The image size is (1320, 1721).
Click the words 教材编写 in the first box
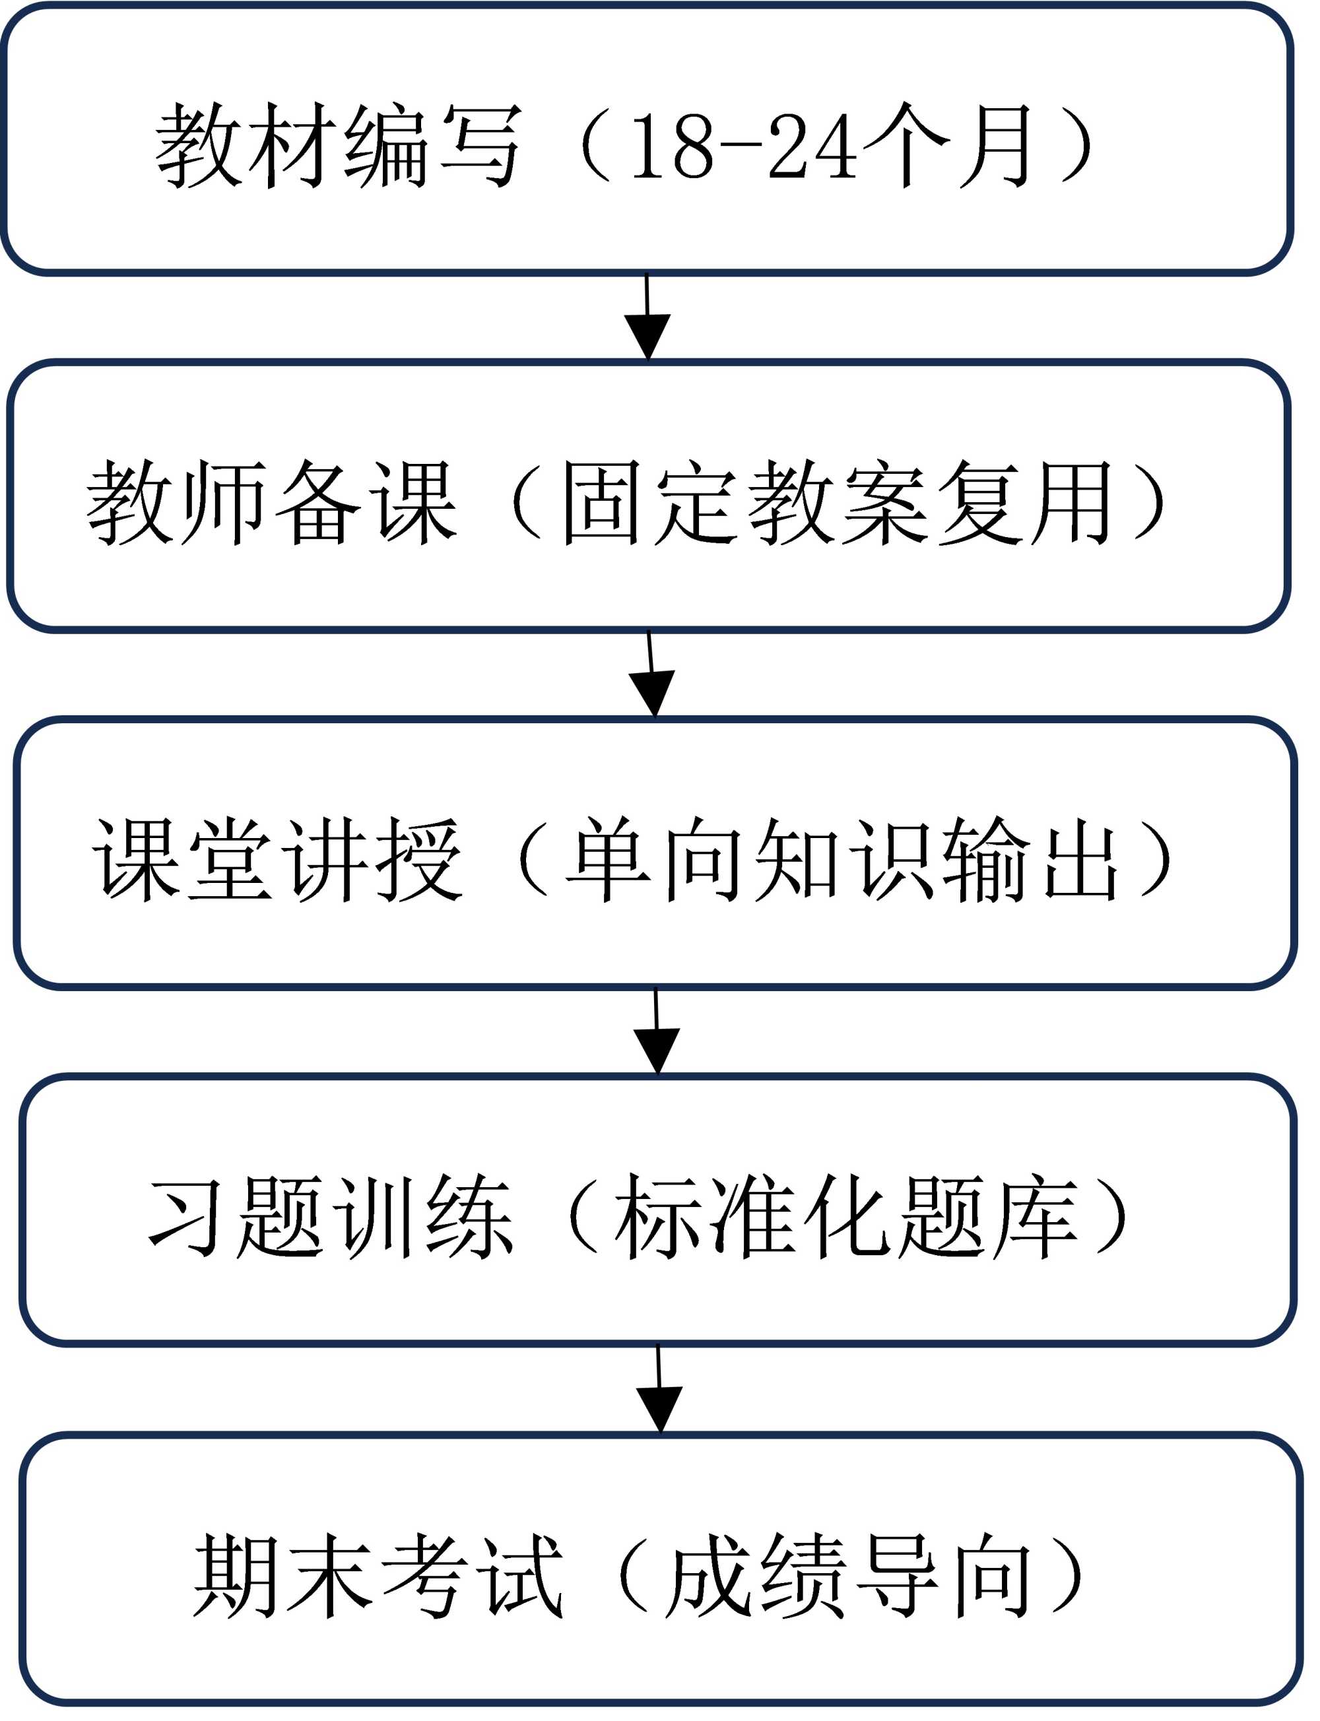(x=338, y=146)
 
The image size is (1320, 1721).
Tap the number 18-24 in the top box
(x=742, y=146)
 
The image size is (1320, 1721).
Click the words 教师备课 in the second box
(x=271, y=503)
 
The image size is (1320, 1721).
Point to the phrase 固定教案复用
(x=837, y=503)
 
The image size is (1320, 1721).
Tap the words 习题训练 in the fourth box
(x=330, y=1217)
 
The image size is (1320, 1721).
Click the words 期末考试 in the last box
(x=377, y=1575)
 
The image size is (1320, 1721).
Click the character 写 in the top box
(x=481, y=146)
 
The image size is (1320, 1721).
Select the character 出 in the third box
(x=1081, y=859)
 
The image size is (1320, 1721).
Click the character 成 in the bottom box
(x=707, y=1575)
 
